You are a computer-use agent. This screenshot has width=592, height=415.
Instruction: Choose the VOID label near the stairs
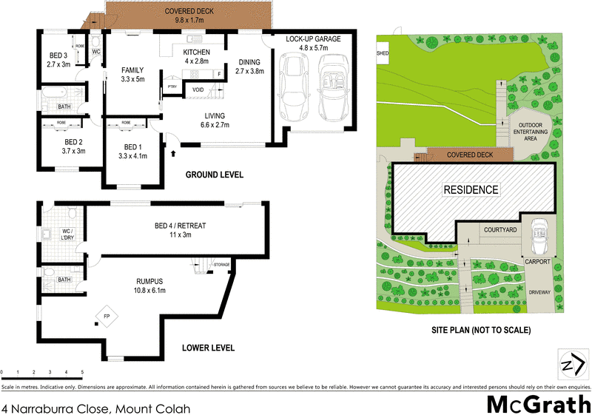(x=198, y=90)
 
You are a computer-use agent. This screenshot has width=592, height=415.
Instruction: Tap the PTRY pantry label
(x=172, y=87)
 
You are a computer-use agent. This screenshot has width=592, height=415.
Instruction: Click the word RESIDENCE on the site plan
(x=471, y=189)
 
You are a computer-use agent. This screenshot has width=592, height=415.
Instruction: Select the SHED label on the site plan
(x=382, y=53)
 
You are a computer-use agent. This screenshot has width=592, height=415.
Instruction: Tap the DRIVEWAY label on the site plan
(x=539, y=293)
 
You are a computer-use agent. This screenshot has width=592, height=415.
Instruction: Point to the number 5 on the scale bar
(x=82, y=371)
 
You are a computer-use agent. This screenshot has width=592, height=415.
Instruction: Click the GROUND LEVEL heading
(x=215, y=175)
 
